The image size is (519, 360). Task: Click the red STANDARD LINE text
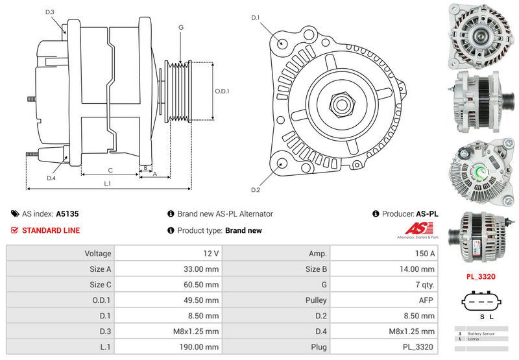click(51, 230)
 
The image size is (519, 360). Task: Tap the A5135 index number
click(67, 213)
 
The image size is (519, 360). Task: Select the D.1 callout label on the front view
click(255, 18)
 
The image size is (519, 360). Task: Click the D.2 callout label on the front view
click(255, 189)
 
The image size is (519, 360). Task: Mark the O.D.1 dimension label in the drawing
click(222, 91)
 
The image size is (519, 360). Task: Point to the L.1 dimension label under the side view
click(108, 184)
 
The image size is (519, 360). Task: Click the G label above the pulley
click(180, 27)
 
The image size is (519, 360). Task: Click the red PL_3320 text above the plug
click(481, 276)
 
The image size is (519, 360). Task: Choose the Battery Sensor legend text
click(481, 333)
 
